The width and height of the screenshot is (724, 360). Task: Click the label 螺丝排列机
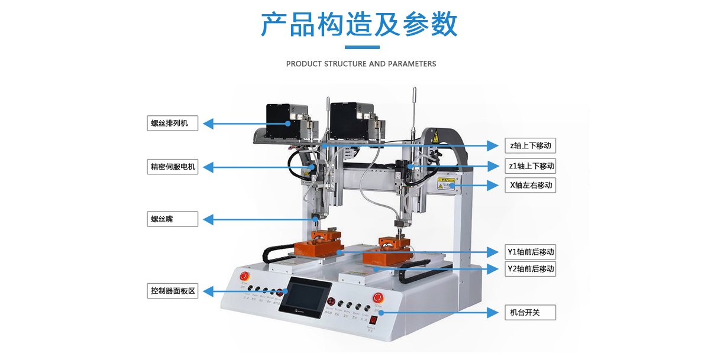click(x=173, y=123)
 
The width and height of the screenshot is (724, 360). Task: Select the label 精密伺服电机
click(x=173, y=167)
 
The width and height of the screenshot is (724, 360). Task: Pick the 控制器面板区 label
click(x=173, y=291)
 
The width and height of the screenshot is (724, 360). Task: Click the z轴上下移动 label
click(x=530, y=145)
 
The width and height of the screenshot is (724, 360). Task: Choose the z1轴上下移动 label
click(x=530, y=166)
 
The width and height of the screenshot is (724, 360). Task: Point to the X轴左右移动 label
click(x=530, y=185)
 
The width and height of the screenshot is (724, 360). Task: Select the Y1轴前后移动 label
click(x=530, y=252)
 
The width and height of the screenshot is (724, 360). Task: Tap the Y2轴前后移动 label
click(x=530, y=269)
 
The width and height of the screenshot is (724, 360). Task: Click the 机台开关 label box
click(x=530, y=312)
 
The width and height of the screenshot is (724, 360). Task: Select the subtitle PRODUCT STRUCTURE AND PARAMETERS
click(x=361, y=64)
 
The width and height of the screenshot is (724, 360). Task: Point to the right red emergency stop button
click(x=377, y=297)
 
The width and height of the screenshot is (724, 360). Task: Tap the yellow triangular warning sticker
click(x=435, y=138)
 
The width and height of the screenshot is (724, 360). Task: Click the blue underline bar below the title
click(x=361, y=47)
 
